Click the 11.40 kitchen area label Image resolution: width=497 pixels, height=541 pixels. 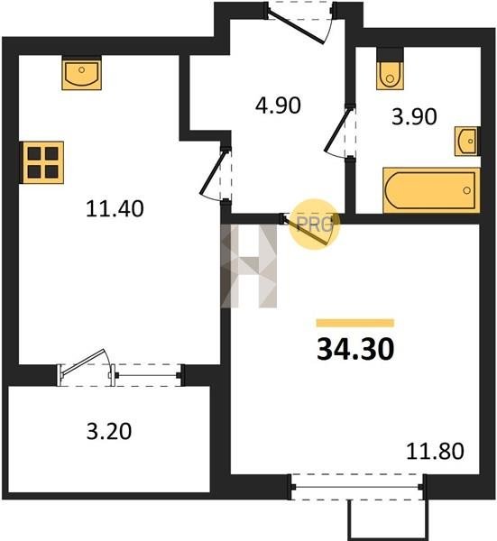pyautogui.click(x=115, y=209)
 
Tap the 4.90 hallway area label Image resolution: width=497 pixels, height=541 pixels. pyautogui.click(x=278, y=105)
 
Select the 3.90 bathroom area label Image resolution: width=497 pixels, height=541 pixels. pyautogui.click(x=414, y=116)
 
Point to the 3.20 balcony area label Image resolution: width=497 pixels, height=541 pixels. pyautogui.click(x=109, y=431)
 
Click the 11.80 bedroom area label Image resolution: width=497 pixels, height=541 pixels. pyautogui.click(x=435, y=452)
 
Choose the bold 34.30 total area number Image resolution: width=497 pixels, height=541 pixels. pyautogui.click(x=355, y=349)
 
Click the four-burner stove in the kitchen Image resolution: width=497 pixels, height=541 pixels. pyautogui.click(x=42, y=162)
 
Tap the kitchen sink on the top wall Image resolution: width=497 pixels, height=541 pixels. pyautogui.click(x=82, y=73)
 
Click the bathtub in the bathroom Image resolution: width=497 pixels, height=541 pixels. pyautogui.click(x=431, y=190)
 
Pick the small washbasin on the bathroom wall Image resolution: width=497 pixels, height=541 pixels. pyautogui.click(x=467, y=142)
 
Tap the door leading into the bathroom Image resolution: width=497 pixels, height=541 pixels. pyautogui.click(x=340, y=133)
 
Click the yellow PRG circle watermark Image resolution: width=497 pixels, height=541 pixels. pyautogui.click(x=314, y=225)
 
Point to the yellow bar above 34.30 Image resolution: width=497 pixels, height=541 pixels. pyautogui.click(x=355, y=323)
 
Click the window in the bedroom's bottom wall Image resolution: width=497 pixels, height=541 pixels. pyautogui.click(x=357, y=487)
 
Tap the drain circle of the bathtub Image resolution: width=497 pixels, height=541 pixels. pyautogui.click(x=467, y=190)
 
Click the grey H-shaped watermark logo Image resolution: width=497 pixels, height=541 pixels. pyautogui.click(x=249, y=266)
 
